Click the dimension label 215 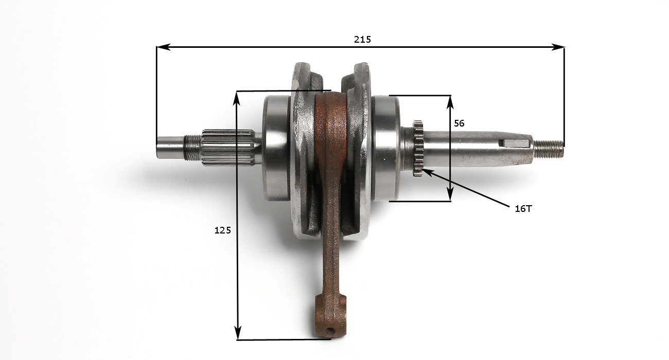(362, 40)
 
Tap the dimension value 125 (222, 230)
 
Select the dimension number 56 (459, 123)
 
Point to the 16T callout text (523, 209)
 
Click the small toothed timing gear (418, 148)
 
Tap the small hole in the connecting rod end (330, 331)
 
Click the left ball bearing (276, 148)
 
